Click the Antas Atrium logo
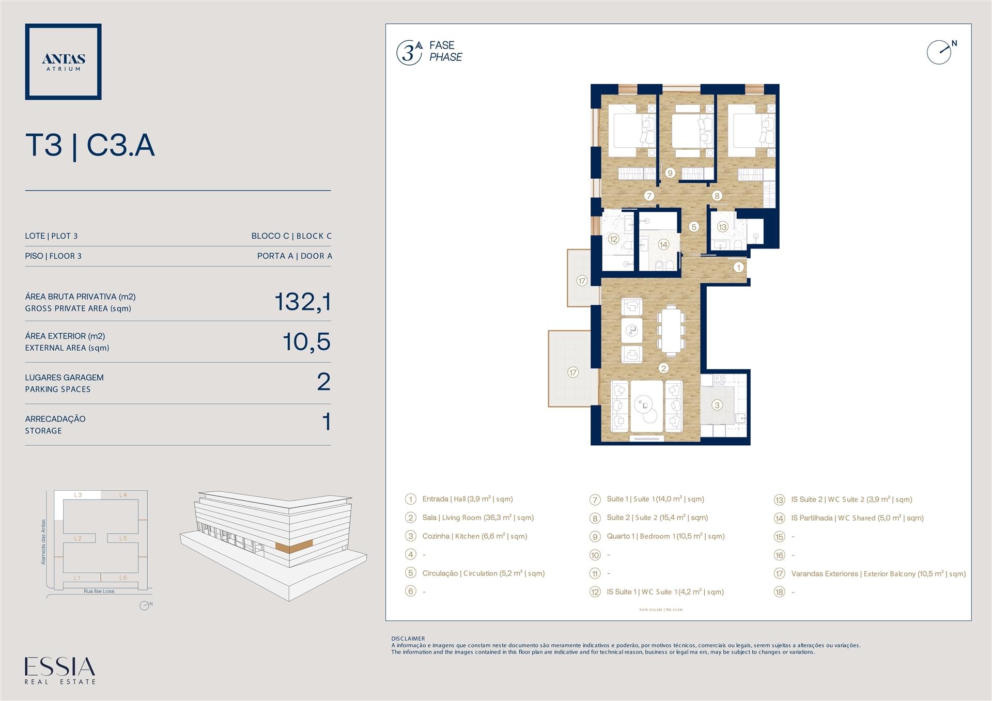click(x=63, y=61)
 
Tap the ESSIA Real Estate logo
click(x=60, y=671)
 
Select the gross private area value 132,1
click(x=302, y=302)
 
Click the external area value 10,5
click(x=306, y=341)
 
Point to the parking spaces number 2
click(x=323, y=382)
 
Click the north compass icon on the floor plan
click(x=941, y=52)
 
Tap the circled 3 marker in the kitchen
click(x=717, y=405)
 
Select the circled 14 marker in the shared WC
click(x=663, y=244)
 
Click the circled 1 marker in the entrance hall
click(x=738, y=267)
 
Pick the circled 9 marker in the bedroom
click(x=670, y=173)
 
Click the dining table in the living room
click(x=671, y=331)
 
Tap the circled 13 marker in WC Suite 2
click(x=722, y=227)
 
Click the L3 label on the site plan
click(x=78, y=495)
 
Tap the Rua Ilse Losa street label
click(x=99, y=591)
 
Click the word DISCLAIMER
click(x=408, y=638)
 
